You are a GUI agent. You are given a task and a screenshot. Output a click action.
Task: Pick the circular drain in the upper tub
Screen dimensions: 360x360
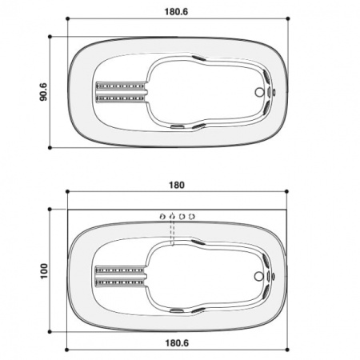[x=258, y=92]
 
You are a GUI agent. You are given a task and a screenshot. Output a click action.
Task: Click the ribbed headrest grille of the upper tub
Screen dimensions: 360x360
[x=121, y=91]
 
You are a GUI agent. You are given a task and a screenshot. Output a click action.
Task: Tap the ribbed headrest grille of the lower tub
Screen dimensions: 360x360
[x=121, y=274]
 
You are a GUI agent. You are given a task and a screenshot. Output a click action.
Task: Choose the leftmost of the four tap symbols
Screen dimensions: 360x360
[x=162, y=215]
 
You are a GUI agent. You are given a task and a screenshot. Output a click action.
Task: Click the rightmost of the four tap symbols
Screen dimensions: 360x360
[x=192, y=215]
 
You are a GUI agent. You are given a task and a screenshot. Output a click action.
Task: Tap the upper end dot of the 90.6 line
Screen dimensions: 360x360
[x=50, y=36]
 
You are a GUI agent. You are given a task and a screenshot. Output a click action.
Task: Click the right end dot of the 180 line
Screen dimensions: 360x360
[x=288, y=192]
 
